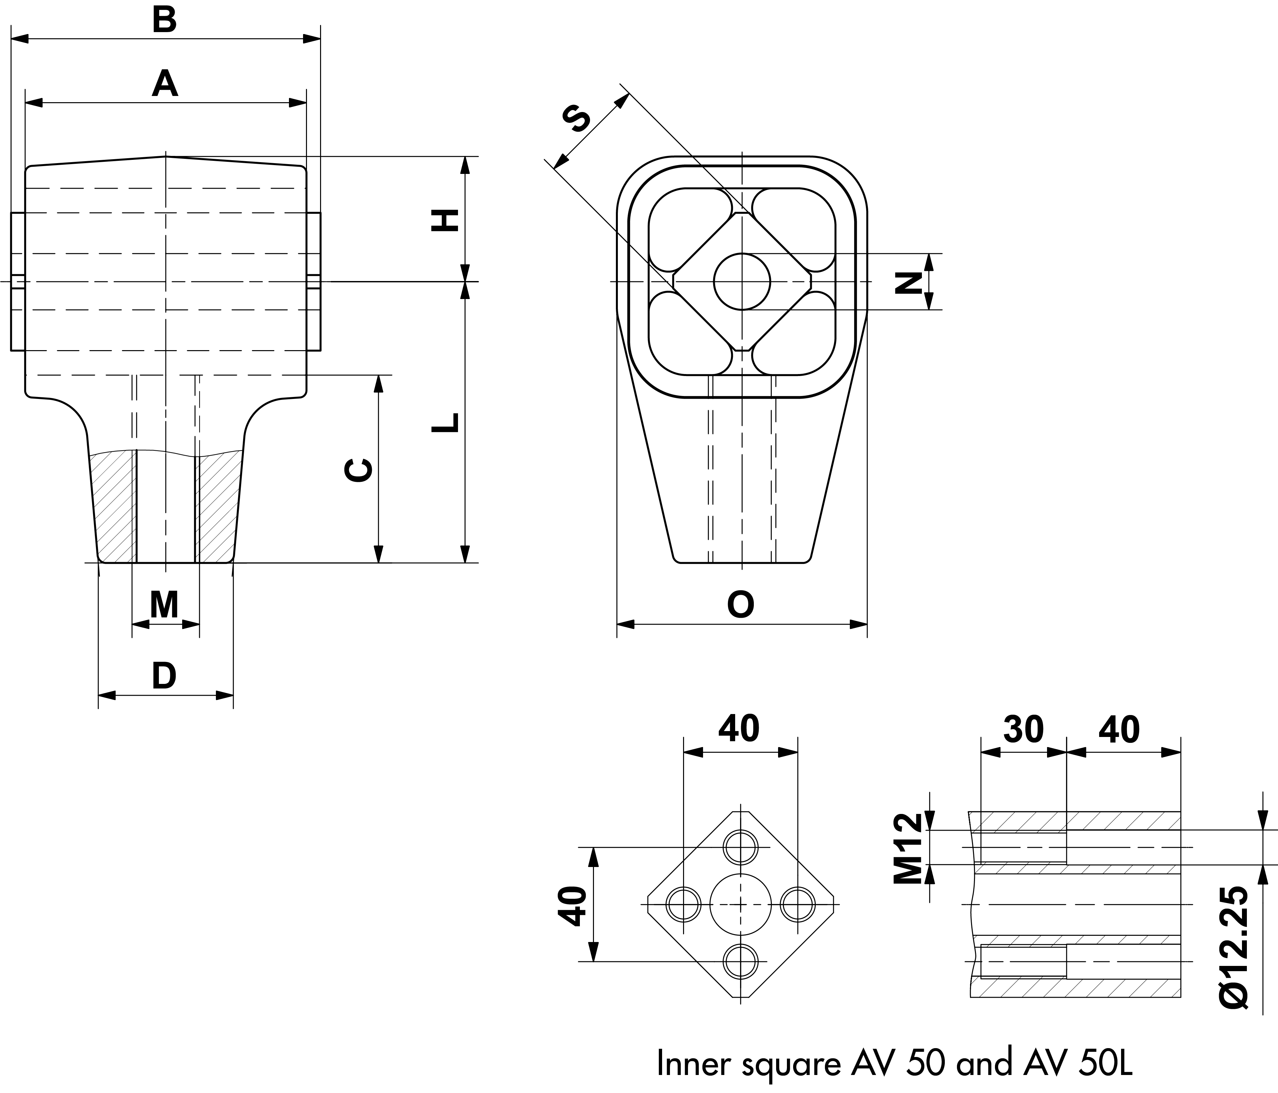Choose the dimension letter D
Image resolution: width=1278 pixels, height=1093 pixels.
164,676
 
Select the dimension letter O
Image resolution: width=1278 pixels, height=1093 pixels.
741,605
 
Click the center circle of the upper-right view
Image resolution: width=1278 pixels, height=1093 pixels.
742,281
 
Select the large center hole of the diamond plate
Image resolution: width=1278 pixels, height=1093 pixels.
740,905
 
